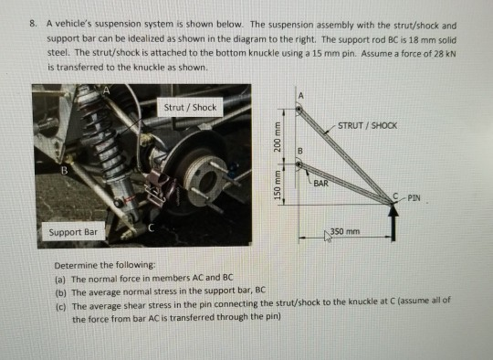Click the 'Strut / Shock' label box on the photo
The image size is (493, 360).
pyautogui.click(x=190, y=107)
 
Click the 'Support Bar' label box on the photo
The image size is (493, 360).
pyautogui.click(x=76, y=232)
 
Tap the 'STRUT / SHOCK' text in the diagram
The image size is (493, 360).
pyautogui.click(x=366, y=125)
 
